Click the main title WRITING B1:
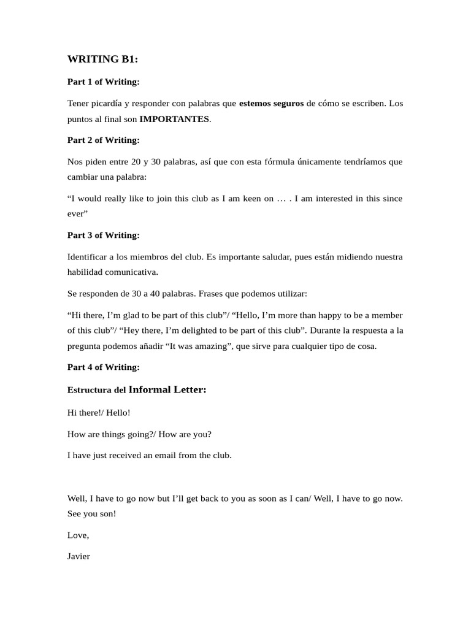click(x=103, y=59)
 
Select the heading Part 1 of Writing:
click(x=103, y=82)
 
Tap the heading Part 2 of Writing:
click(x=103, y=140)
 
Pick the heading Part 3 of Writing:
click(x=103, y=235)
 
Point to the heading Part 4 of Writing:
click(x=103, y=367)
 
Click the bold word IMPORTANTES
click(x=174, y=119)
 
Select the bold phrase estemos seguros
click(x=271, y=104)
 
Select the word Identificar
click(x=90, y=257)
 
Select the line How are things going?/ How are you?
click(x=139, y=434)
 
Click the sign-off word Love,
click(x=78, y=535)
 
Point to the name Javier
click(x=78, y=557)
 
